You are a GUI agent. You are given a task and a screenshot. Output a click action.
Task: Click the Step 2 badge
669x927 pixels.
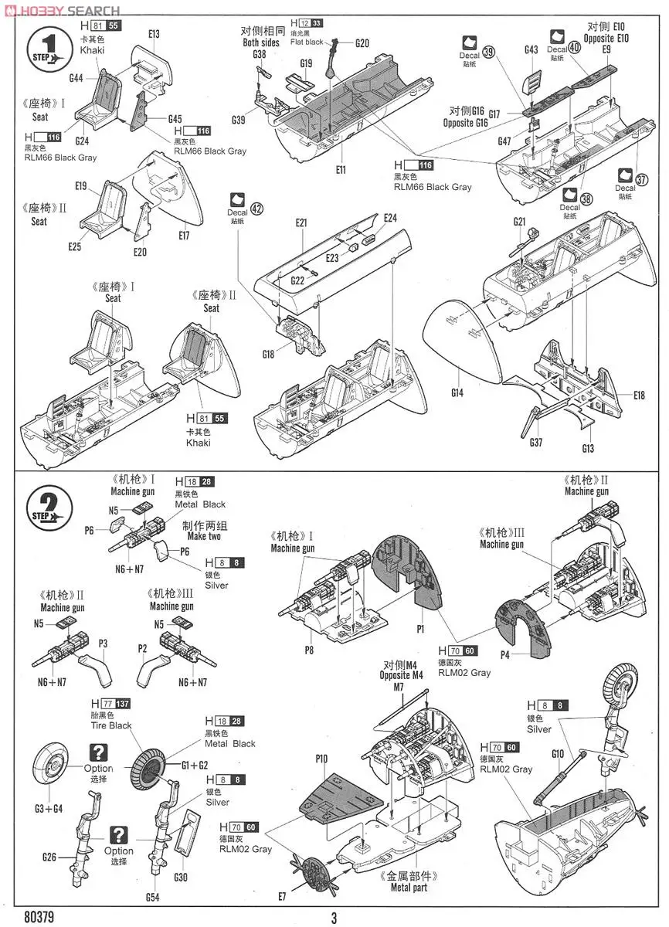click(x=50, y=509)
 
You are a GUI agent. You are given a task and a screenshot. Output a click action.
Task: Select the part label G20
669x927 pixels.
click(x=362, y=43)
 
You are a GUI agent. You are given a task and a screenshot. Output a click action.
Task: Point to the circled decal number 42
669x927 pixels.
click(x=257, y=208)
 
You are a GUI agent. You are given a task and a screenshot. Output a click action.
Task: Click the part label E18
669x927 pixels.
click(x=638, y=396)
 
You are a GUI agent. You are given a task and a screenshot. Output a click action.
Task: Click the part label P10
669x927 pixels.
click(x=322, y=759)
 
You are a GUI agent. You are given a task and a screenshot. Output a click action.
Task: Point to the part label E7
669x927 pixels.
click(x=282, y=896)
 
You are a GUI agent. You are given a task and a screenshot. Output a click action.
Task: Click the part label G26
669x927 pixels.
click(x=50, y=857)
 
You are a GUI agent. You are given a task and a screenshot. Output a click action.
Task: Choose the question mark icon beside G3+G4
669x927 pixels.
click(x=98, y=752)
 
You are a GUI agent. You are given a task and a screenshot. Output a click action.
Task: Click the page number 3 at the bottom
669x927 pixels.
click(x=334, y=918)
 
